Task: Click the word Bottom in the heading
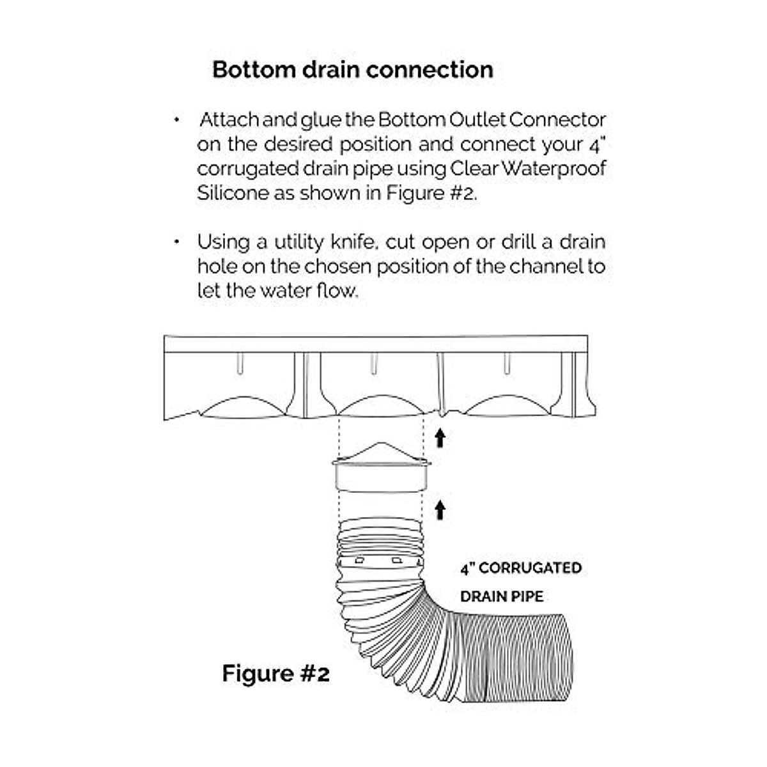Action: coord(252,69)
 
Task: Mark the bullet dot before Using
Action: coord(176,242)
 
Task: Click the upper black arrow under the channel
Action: coord(440,438)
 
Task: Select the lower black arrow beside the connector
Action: coord(440,509)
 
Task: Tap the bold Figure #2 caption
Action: coord(276,673)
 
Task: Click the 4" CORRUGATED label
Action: coord(521,568)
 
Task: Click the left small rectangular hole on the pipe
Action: coord(360,560)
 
